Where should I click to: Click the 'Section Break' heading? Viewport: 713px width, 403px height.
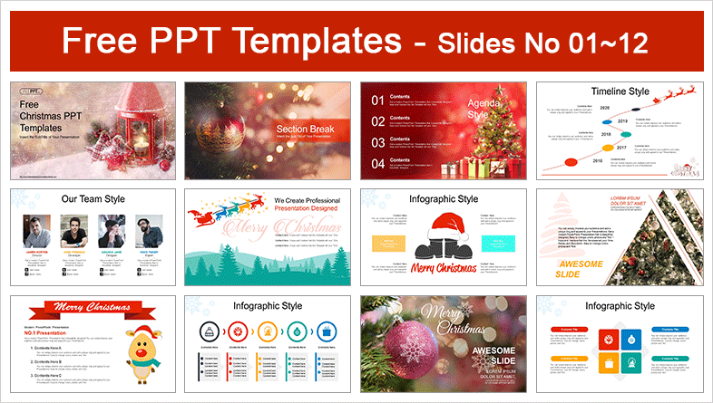point(308,129)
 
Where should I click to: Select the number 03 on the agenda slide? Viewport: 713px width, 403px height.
point(377,142)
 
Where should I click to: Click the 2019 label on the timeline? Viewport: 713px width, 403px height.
point(622,120)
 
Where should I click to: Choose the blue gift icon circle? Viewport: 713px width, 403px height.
point(327,330)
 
